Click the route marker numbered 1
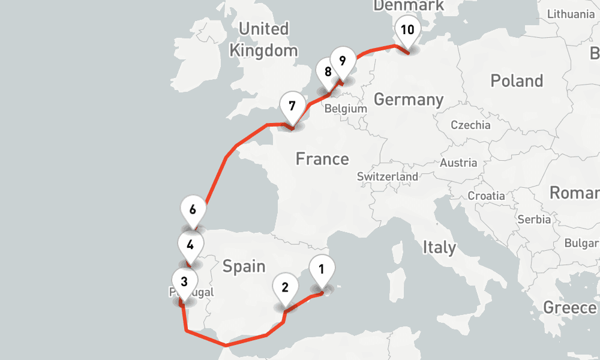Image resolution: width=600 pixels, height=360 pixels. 322,269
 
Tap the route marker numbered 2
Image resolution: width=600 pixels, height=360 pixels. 285,287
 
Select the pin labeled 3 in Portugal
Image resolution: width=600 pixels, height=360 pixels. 184,281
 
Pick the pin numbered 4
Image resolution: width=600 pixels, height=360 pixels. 190,245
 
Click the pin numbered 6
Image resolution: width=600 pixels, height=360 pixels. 193,210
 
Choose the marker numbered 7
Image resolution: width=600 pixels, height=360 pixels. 292,107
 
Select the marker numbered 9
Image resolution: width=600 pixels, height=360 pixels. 342,61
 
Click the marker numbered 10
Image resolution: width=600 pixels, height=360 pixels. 407,31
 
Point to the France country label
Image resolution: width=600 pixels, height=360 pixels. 322,159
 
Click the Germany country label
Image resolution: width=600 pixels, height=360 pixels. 409,100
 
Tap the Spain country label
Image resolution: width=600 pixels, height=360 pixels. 244,266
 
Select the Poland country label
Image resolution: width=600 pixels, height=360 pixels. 517,81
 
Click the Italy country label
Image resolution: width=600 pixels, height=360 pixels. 439,247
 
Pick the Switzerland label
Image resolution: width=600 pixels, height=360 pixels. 388,177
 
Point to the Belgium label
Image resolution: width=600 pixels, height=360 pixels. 345,109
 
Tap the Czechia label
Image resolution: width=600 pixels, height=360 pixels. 470,125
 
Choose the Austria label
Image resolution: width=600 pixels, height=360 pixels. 458,163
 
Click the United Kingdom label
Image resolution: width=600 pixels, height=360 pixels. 263,40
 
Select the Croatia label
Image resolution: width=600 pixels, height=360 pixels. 487,196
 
